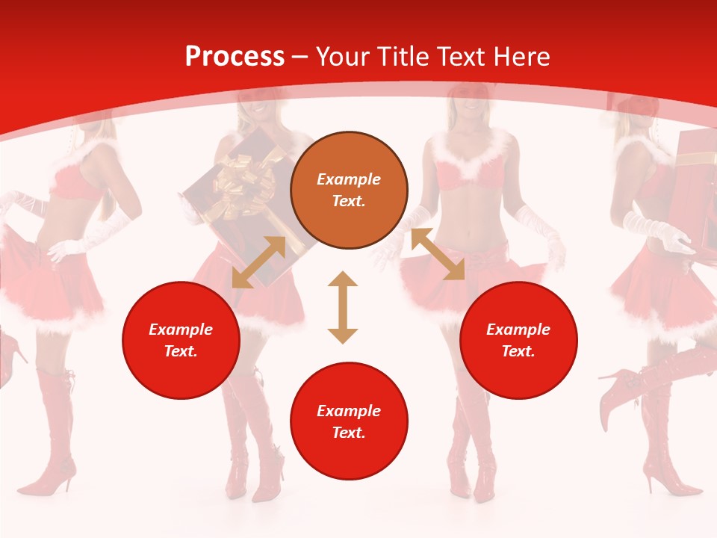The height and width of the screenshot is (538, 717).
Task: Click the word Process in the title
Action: click(235, 57)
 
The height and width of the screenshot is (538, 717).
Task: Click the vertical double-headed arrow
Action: click(343, 307)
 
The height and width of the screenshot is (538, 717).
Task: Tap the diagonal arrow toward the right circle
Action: click(438, 254)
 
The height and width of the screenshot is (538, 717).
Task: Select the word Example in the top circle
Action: click(349, 179)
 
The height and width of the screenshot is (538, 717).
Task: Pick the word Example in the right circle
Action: click(518, 330)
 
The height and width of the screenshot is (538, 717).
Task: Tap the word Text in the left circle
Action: click(180, 351)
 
